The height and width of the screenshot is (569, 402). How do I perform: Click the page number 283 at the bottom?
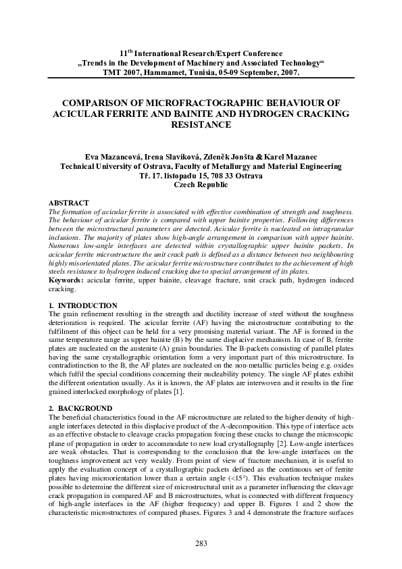click(x=201, y=543)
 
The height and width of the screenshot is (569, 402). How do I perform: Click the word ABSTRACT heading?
click(x=70, y=203)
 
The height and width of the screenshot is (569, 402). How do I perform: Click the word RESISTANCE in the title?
click(x=201, y=125)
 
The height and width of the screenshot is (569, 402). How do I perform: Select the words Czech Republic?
click(x=201, y=184)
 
